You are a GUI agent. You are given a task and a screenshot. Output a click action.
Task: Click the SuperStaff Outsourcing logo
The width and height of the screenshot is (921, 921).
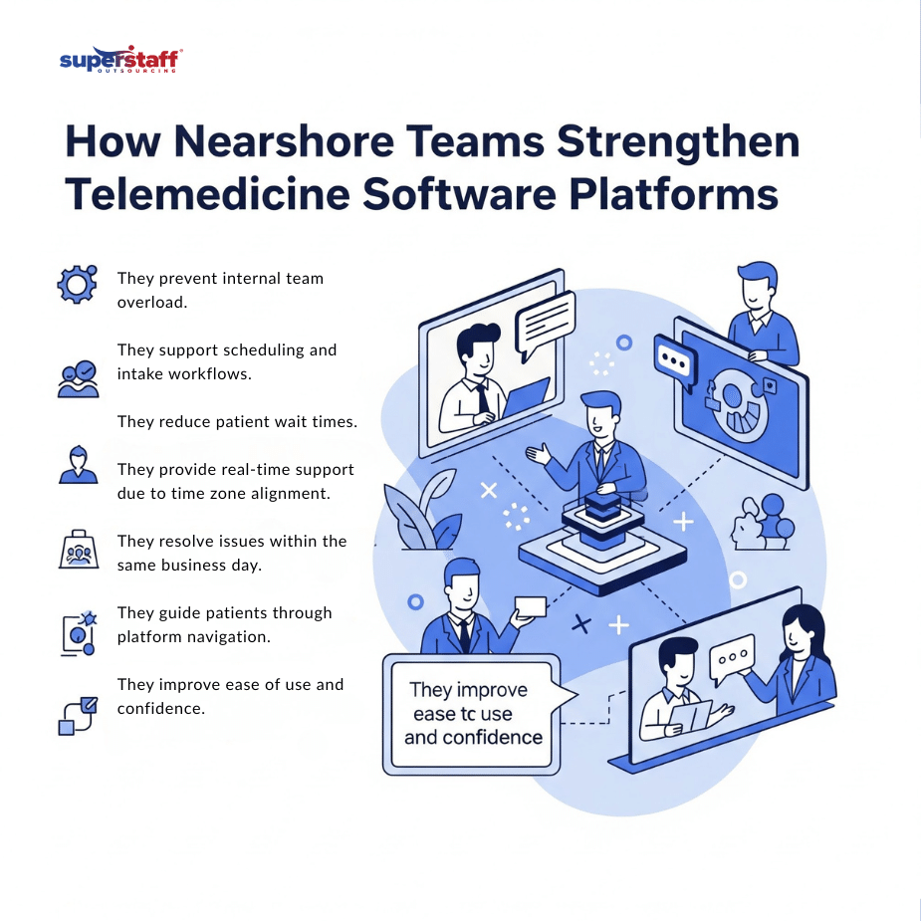click(119, 60)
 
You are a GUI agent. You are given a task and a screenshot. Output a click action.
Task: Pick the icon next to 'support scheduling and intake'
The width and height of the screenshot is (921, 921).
click(78, 379)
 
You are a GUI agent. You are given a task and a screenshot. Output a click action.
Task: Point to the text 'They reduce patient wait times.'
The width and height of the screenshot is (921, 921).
click(237, 422)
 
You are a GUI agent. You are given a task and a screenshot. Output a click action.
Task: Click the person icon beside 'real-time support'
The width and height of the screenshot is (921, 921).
click(78, 464)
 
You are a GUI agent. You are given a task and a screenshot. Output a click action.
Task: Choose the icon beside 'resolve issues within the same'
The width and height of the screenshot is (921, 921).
click(78, 550)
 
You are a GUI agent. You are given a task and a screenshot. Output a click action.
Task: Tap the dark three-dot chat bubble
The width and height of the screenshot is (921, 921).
click(672, 359)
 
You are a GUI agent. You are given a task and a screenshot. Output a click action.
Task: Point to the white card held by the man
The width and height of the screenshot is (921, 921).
click(531, 607)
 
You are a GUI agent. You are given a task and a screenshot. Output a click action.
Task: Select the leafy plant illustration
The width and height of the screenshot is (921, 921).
click(423, 513)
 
